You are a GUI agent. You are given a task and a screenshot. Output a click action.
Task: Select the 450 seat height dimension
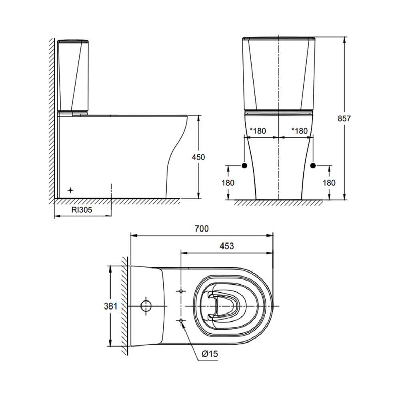pyautogui.click(x=198, y=157)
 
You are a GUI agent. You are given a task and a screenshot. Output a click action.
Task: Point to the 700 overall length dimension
pyautogui.click(x=201, y=229)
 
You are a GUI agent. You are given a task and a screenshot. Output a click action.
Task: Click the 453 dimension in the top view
pyautogui.click(x=226, y=246)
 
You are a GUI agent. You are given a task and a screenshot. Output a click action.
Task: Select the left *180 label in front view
pyautogui.click(x=258, y=131)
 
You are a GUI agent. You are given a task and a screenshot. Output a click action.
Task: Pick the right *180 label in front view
pyautogui.click(x=299, y=131)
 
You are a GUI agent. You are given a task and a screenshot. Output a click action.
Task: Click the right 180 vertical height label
pyautogui.click(x=329, y=182)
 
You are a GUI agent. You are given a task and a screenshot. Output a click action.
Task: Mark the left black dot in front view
pyautogui.click(x=244, y=166)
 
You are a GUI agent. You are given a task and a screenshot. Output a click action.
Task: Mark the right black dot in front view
pyautogui.click(x=313, y=166)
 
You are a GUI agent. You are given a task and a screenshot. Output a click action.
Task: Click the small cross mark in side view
pyautogui.click(x=71, y=190)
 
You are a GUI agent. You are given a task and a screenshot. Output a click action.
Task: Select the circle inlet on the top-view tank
pyautogui.click(x=146, y=306)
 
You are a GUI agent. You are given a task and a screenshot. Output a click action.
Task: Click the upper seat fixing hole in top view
pyautogui.click(x=181, y=291)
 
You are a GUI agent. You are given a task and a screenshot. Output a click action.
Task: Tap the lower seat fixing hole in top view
pyautogui.click(x=181, y=321)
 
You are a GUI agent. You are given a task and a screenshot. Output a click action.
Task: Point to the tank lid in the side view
pyautogui.click(x=72, y=41)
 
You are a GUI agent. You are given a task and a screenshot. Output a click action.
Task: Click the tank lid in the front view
pyautogui.click(x=279, y=39)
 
